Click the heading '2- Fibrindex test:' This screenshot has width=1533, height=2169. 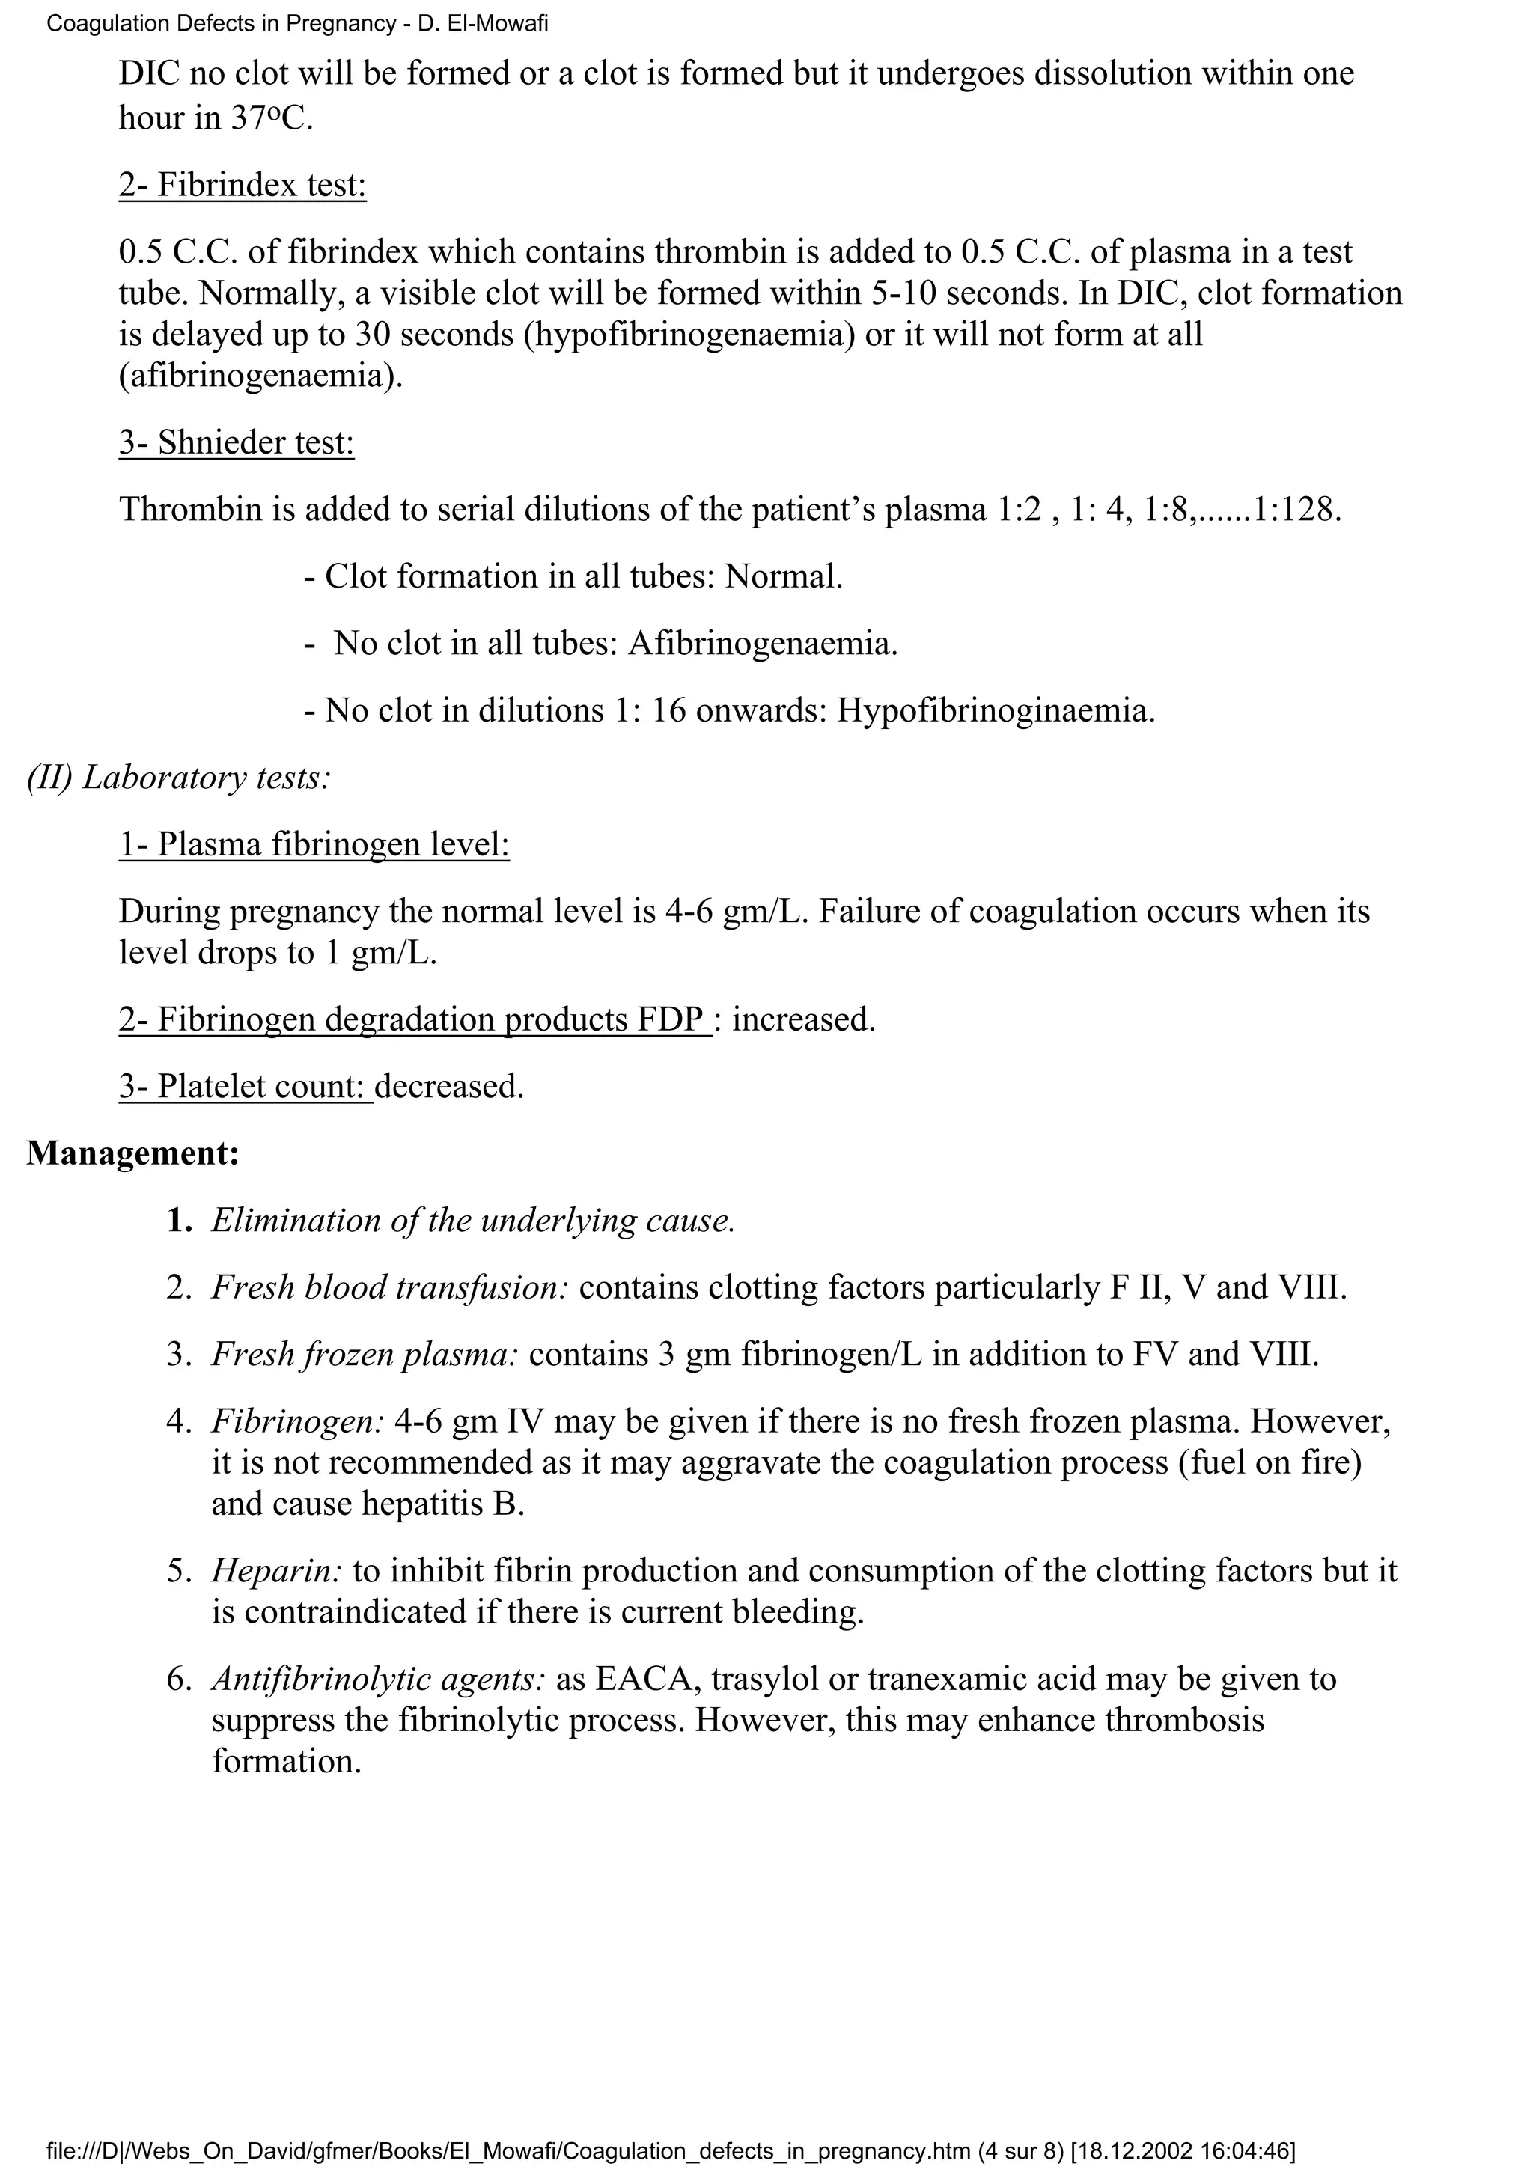(x=242, y=184)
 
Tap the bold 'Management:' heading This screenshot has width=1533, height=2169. (x=132, y=1153)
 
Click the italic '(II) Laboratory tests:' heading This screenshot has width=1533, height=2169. (x=178, y=777)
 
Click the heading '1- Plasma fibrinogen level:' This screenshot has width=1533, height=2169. (x=314, y=843)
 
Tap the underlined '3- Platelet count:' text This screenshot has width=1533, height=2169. (x=246, y=1087)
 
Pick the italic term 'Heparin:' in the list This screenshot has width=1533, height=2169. (x=277, y=1571)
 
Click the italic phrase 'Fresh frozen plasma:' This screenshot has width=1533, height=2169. (x=365, y=1355)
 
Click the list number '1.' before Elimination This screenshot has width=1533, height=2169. (x=180, y=1221)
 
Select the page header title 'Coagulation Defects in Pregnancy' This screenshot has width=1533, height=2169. (x=220, y=24)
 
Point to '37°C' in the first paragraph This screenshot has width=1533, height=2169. (x=268, y=118)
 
